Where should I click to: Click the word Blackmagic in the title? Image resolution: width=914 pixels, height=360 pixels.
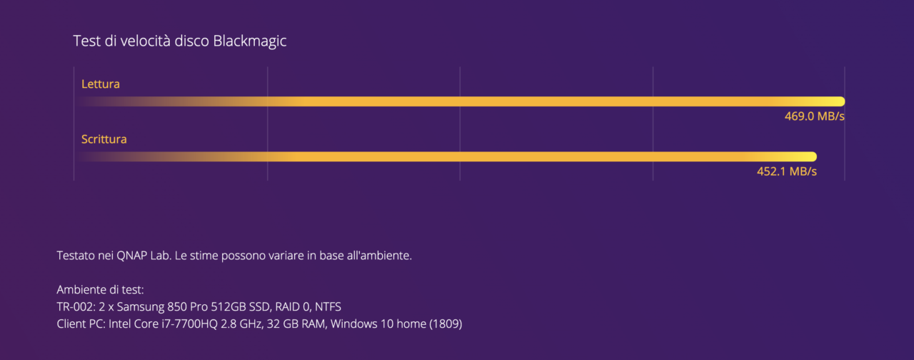pos(250,41)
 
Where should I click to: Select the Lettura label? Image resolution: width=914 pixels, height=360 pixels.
pos(101,84)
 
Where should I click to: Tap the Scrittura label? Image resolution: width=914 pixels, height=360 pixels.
pos(104,139)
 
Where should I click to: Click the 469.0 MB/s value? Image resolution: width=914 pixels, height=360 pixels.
pos(815,116)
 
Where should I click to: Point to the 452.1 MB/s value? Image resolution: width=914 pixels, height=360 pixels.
pos(787,171)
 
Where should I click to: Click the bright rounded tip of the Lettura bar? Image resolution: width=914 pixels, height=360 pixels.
pos(841,101)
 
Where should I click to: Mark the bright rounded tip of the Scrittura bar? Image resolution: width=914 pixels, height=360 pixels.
pos(813,156)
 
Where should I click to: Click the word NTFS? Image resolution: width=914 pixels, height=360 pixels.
pos(328,306)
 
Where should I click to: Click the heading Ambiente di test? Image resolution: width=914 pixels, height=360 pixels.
pos(101,290)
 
